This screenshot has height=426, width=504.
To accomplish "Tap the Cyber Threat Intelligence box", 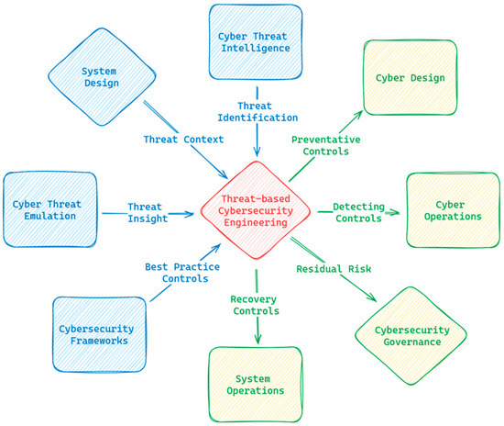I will tap(255, 41).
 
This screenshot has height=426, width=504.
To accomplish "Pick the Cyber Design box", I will tap(410, 78).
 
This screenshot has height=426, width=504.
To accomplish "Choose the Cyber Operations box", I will tap(446, 210).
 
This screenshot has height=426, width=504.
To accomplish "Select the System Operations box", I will tap(256, 383).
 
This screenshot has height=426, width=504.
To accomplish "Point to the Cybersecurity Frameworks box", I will tap(98, 333).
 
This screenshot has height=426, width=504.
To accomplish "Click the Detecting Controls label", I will tap(358, 214).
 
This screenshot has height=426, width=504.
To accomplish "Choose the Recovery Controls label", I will tap(256, 305).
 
